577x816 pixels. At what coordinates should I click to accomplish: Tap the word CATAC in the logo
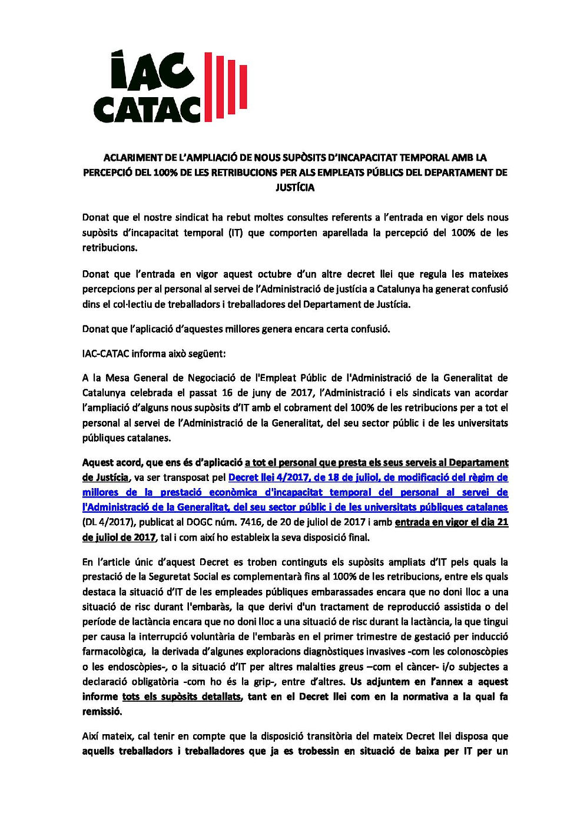click(147, 110)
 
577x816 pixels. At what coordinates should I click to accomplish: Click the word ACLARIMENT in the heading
click(132, 158)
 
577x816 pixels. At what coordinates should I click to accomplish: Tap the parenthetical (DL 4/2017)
click(108, 522)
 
